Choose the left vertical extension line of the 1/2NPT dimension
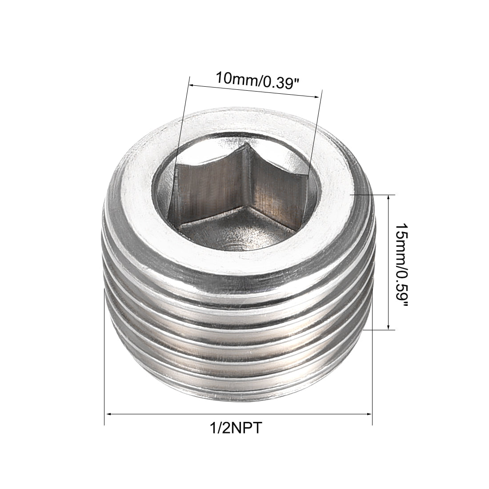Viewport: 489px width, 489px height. click(x=104, y=356)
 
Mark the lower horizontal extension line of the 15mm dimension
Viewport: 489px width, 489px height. click(x=378, y=330)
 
